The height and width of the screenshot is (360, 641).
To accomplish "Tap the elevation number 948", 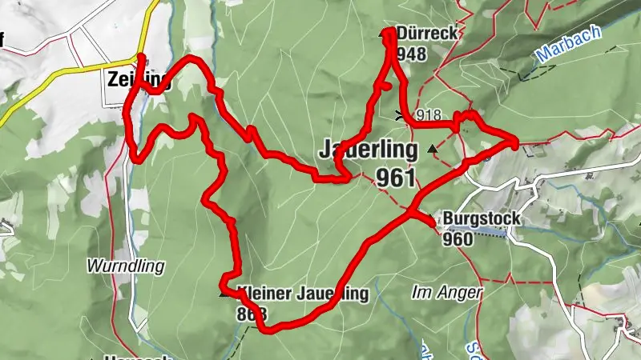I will (410, 54).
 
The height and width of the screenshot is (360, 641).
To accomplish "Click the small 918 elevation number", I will (429, 115).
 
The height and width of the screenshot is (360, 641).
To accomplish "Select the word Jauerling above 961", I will (368, 150).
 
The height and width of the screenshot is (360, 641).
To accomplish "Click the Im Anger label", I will (447, 293).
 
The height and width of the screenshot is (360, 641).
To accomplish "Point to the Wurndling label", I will (127, 266).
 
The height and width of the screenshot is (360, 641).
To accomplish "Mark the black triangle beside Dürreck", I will (383, 34).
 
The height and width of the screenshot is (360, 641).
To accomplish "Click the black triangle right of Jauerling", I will (433, 149).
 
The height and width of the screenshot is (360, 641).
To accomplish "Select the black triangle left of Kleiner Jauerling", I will (224, 294).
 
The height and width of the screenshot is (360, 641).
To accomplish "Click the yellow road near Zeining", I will (48, 77).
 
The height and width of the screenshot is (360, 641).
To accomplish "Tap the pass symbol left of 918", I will (400, 114).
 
